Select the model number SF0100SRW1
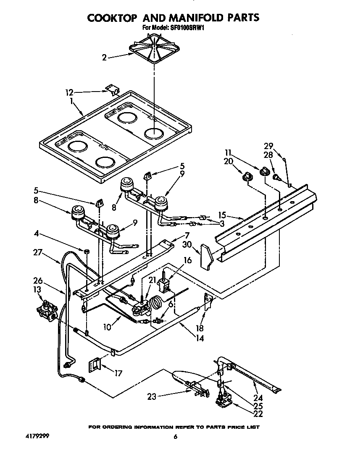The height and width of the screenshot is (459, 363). pyautogui.click(x=188, y=28)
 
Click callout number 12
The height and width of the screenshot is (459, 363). pyautogui.click(x=70, y=93)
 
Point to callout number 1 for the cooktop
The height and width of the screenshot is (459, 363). pyautogui.click(x=72, y=101)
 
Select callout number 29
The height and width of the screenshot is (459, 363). pyautogui.click(x=268, y=146)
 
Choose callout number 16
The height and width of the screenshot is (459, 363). pyautogui.click(x=187, y=260)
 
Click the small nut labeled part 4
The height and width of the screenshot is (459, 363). pyautogui.click(x=86, y=251)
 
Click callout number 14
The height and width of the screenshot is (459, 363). pyautogui.click(x=200, y=337)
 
